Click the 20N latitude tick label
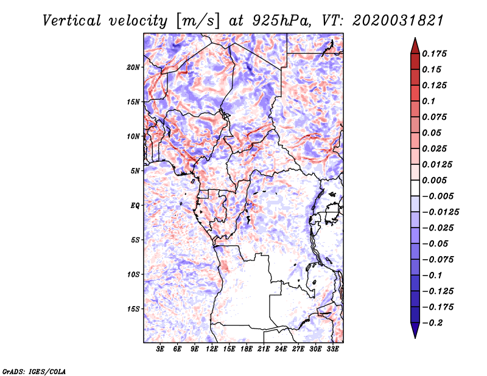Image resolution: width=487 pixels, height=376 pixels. [133, 68]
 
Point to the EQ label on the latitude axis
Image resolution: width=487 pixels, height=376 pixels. [135, 206]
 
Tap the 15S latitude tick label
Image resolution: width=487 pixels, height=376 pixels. [133, 309]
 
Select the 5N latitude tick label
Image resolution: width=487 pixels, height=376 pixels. [135, 171]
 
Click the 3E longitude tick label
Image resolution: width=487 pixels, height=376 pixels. [160, 349]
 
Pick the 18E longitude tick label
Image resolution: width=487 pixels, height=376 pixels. [247, 349]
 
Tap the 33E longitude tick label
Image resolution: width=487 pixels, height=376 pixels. [332, 349]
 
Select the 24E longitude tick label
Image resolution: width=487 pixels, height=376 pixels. [281, 349]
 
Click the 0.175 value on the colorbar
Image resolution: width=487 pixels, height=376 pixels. [434, 54]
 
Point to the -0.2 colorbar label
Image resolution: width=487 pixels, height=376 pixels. [432, 323]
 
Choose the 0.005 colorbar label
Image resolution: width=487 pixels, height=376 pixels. [434, 180]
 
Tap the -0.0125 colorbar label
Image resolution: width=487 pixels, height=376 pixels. [440, 212]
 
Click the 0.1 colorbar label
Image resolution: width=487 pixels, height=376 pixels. [429, 101]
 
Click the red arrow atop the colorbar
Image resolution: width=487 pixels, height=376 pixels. [415, 46]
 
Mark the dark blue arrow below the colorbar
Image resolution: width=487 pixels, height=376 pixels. [415, 330]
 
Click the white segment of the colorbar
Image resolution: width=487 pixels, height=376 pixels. [415, 188]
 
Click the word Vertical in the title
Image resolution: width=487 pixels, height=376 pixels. [72, 21]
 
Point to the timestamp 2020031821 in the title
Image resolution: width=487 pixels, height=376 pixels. [398, 21]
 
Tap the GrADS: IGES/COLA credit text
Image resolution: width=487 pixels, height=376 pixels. [34, 371]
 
